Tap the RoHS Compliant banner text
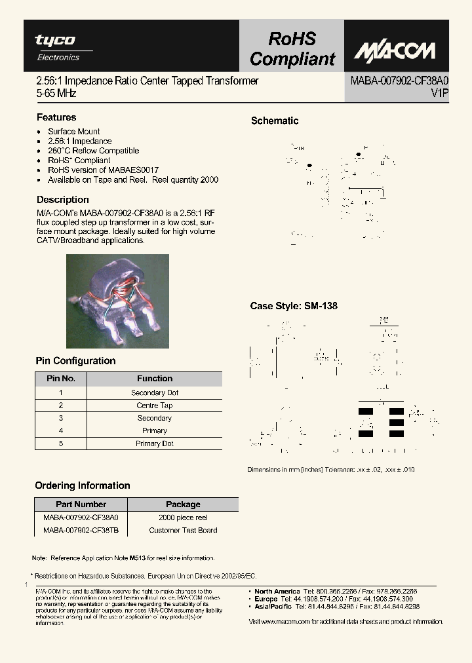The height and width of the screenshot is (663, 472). [x=292, y=49]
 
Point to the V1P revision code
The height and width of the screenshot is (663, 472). [x=439, y=94]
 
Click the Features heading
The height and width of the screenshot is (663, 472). [x=56, y=117]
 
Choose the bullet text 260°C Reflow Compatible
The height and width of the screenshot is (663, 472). [x=93, y=151]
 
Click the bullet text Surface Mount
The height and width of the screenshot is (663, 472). [x=73, y=132]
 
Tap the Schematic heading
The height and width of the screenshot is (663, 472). [x=275, y=121]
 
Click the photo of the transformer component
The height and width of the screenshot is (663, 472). [x=118, y=301]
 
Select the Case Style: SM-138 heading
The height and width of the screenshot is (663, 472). [x=294, y=306]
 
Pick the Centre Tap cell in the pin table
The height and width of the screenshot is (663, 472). [x=155, y=406]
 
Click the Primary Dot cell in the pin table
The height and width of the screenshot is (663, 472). [x=155, y=444]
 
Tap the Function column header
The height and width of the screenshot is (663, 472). [x=155, y=379]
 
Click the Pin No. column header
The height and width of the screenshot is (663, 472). [x=61, y=379]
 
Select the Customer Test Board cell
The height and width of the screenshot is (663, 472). [x=183, y=530]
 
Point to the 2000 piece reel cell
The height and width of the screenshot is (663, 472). [x=183, y=518]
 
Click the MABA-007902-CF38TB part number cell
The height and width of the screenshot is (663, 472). [x=81, y=530]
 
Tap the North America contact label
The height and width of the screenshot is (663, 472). [x=277, y=592]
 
